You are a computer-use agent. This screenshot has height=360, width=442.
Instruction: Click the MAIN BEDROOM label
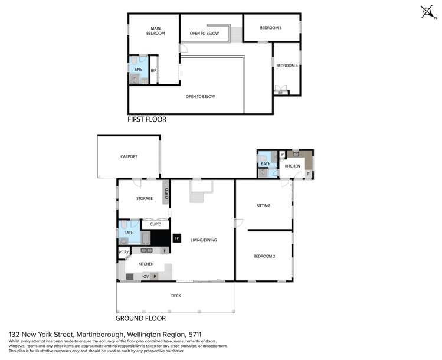tap(155, 31)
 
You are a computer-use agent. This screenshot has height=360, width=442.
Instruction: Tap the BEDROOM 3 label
tap(271, 28)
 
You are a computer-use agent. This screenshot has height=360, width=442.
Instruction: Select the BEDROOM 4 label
tap(287, 66)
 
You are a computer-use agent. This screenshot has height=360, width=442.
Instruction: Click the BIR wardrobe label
tap(153, 71)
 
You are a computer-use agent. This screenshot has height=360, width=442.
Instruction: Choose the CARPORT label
tap(129, 156)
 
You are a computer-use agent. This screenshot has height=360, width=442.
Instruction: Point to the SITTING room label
tap(263, 206)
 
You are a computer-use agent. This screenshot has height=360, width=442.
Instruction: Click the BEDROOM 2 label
tap(264, 256)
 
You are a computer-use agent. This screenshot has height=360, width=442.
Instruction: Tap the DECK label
tap(176, 296)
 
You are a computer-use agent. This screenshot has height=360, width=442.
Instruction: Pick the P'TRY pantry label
tap(124, 253)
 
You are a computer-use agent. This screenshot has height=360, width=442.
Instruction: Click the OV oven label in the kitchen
tap(145, 276)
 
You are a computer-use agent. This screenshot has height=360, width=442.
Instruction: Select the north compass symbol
tap(427, 12)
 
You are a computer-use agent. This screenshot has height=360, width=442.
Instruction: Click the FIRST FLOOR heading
tap(147, 119)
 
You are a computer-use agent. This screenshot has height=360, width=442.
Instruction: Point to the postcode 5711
tap(200, 334)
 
